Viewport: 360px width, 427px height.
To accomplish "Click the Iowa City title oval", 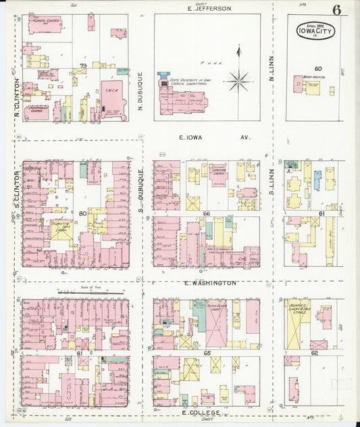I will pos(315,32).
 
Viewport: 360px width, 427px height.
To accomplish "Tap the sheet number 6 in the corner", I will pos(336,9).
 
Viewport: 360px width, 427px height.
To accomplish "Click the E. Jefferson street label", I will pos(209,9).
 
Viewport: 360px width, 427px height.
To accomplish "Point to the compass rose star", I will pos(238,80).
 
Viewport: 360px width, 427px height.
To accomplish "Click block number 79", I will pos(83,66).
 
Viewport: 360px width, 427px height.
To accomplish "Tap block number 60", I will pos(317,68).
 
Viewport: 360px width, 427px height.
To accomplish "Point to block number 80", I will pos(83,215).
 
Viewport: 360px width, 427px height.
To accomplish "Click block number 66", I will pos(206,214).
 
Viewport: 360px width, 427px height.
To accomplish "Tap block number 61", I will pos(322,214).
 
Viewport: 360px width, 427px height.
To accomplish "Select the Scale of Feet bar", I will pos(91,292).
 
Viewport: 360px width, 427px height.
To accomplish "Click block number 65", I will pos(207,353).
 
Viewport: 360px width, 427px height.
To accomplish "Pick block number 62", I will pos(315,352).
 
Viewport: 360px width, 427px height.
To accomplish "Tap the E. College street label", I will pos(203,411).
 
